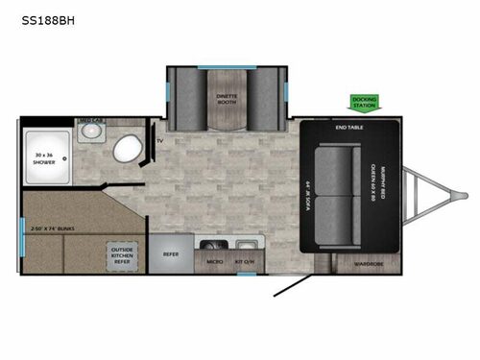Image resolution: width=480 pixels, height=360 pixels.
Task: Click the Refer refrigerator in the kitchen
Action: click(x=171, y=254)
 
